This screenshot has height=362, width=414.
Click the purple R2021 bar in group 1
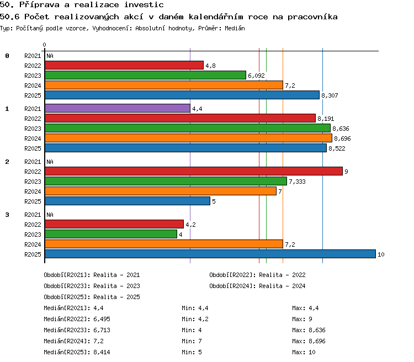[118, 108]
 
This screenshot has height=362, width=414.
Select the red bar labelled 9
[194, 171]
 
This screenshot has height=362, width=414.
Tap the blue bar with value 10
[210, 254]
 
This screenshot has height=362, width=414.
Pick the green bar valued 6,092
[146, 75]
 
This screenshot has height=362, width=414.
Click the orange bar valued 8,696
[189, 138]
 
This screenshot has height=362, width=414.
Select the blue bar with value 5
[128, 201]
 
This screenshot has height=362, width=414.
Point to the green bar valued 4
[111, 234]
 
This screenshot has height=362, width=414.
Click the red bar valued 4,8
[124, 65]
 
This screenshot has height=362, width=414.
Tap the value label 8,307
[330, 95]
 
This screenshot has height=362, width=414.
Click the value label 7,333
[297, 182]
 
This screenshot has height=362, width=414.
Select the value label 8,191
[326, 119]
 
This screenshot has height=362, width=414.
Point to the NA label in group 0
[50, 56]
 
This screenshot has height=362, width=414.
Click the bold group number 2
[7, 162]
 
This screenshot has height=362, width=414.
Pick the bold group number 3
[7, 215]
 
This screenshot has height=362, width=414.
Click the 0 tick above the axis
[44, 45]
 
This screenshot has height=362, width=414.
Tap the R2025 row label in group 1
[33, 148]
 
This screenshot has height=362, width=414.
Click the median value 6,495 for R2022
[102, 319]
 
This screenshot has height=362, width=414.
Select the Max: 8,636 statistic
[309, 330]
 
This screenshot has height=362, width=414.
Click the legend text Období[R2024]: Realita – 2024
[257, 286]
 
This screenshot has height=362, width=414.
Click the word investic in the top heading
[144, 5]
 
